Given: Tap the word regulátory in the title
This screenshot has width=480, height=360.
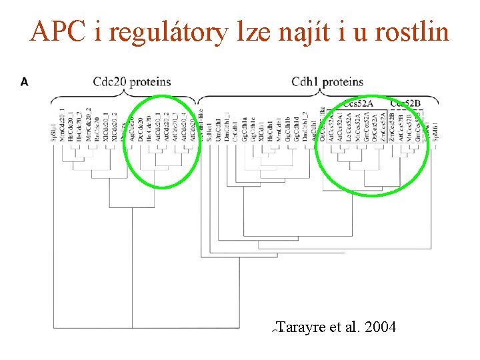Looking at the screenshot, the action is click(x=166, y=32).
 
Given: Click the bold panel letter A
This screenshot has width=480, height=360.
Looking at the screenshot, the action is click(x=25, y=82).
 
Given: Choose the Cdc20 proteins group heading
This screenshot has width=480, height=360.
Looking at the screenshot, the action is click(x=132, y=82).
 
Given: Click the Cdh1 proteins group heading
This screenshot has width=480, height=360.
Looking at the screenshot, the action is click(x=327, y=82).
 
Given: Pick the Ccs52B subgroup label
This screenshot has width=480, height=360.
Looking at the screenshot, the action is click(x=405, y=103).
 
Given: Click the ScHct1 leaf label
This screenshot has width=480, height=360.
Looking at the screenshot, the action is click(x=210, y=127).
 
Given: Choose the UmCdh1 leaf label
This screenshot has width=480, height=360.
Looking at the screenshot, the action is click(x=218, y=127).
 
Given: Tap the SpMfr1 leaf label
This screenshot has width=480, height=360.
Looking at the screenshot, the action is click(x=435, y=128).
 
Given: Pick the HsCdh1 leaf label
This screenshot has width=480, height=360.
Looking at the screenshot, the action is click(x=270, y=127).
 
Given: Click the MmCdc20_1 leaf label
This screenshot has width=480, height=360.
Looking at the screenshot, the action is click(x=62, y=124).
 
